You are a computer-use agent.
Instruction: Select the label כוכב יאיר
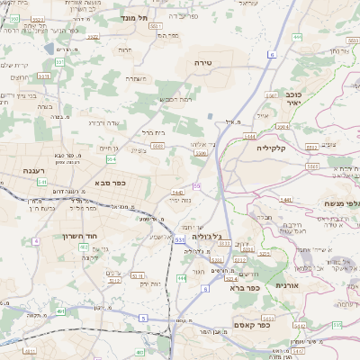pyautogui.click(x=292, y=98)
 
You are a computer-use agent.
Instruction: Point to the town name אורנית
pyautogui.click(x=287, y=285)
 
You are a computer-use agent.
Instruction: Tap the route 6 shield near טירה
pyautogui.click(x=270, y=55)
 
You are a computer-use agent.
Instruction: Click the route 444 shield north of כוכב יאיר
pyautogui.click(x=296, y=37)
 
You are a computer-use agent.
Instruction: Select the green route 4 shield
pyautogui.click(x=36, y=242)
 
